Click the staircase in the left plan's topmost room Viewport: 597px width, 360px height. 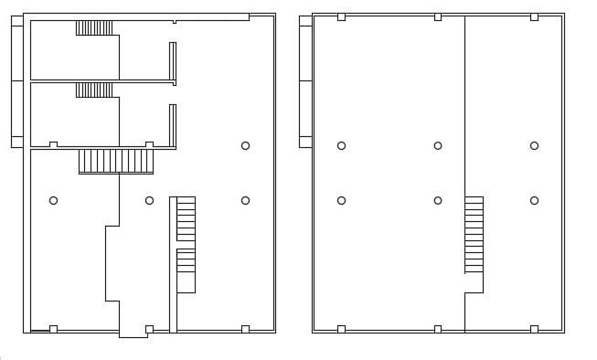click(x=94, y=27)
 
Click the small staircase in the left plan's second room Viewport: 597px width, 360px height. click(x=94, y=90)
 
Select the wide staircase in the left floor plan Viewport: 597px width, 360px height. click(x=116, y=161)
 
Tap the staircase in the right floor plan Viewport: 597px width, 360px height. click(x=474, y=234)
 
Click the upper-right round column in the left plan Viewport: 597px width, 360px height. click(x=245, y=145)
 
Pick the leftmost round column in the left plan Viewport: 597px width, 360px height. click(x=53, y=200)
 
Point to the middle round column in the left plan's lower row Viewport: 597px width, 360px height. click(x=149, y=200)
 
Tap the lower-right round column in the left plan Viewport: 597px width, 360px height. click(x=245, y=200)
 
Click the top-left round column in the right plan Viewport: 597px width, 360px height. click(x=341, y=145)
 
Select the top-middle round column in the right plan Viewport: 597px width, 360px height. click(x=438, y=145)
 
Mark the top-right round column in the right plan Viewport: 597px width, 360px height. click(x=534, y=145)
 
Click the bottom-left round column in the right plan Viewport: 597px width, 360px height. click(x=341, y=200)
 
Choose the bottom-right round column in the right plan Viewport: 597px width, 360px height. click(x=534, y=200)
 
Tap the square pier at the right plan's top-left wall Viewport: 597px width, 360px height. click(x=341, y=16)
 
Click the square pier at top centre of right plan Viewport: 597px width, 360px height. click(x=438, y=16)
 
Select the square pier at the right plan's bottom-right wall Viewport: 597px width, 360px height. click(x=534, y=329)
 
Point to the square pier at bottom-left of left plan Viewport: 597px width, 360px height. click(x=53, y=329)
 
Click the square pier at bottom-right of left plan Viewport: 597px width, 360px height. click(x=245, y=329)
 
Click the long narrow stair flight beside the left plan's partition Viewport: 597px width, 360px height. click(x=186, y=244)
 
